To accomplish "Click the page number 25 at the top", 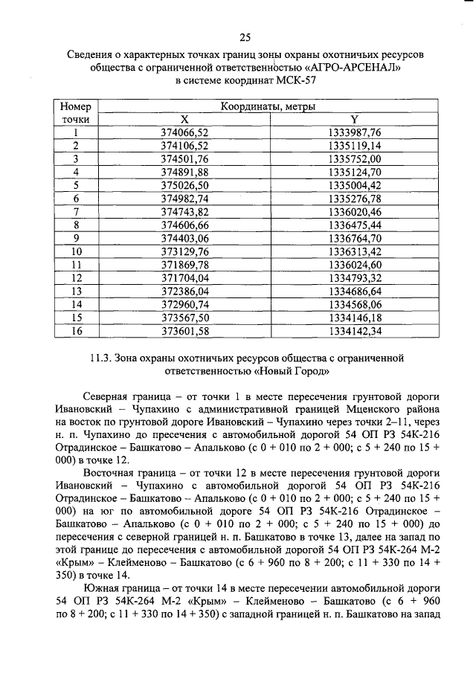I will [245, 39].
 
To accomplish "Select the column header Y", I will [355, 120].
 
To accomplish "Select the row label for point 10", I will [75, 251].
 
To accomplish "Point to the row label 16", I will [75, 330].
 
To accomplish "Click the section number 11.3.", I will [100, 357].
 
